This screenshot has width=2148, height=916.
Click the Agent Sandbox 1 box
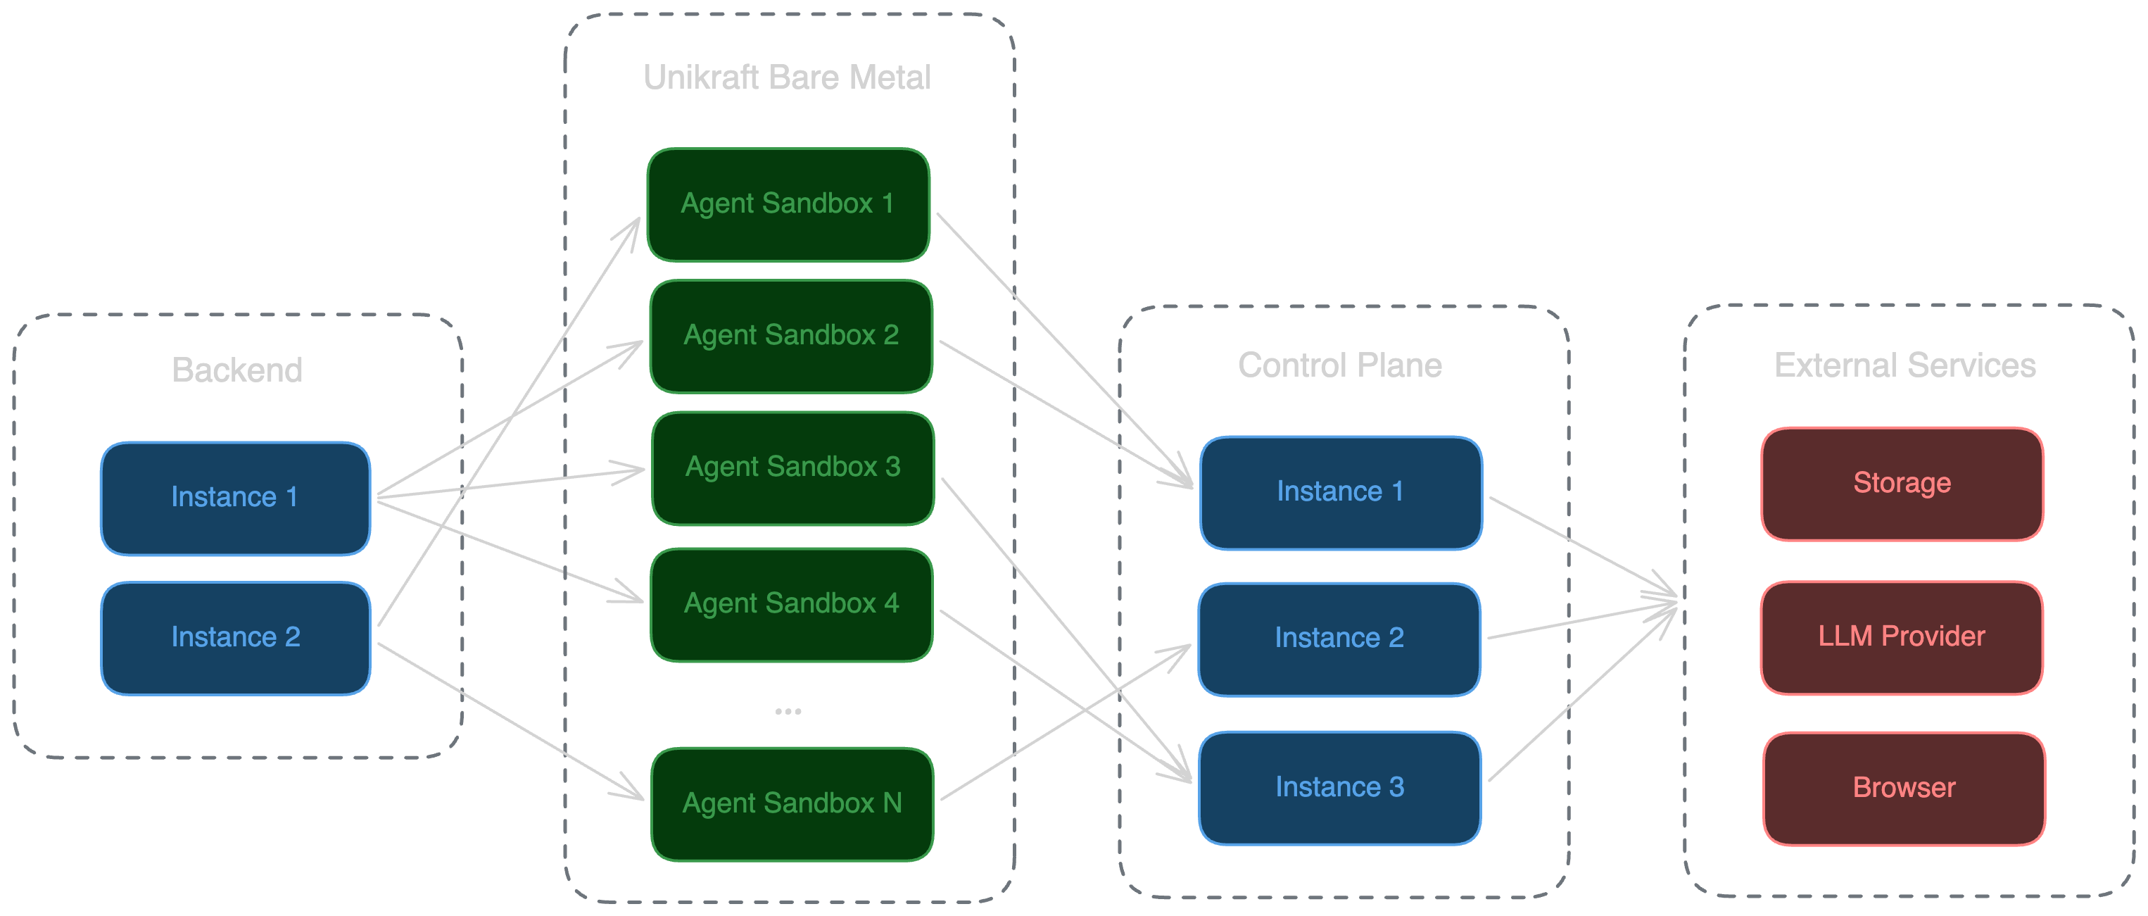pos(788,204)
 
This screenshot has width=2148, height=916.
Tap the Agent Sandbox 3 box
pos(793,468)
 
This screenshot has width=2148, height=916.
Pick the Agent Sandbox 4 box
pos(791,605)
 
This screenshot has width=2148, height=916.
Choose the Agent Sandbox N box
pos(792,804)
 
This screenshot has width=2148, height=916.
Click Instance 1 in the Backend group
pos(235,498)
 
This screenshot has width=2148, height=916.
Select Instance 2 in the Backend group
pos(235,638)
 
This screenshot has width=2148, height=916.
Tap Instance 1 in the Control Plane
pos(1341,492)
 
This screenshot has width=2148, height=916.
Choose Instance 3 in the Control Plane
pos(1340,789)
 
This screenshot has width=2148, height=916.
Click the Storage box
pos(1902,484)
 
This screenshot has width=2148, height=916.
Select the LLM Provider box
pos(1901,637)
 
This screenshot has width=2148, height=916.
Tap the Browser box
pos(1904,789)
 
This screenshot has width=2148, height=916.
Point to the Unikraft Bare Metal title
pos(786,77)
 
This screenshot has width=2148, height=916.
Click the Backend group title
pos(236,370)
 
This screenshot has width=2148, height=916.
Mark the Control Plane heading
pos(1340,365)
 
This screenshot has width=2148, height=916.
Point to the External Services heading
pos(1904,365)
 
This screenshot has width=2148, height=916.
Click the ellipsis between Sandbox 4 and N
pos(788,712)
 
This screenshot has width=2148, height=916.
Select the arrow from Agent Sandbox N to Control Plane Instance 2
pos(1066,722)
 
